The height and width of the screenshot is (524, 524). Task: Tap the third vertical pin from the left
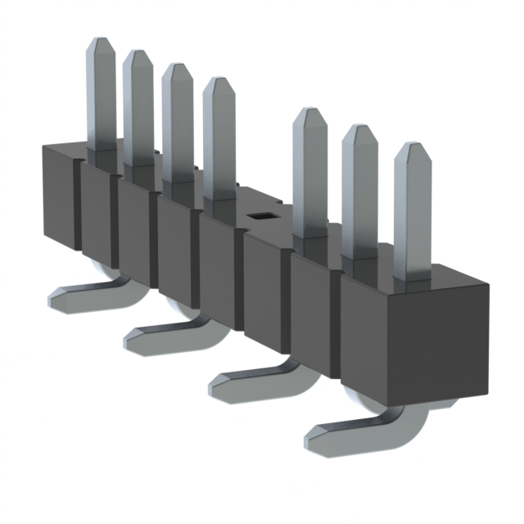pyautogui.click(x=177, y=123)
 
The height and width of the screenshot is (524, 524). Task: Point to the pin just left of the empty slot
pyautogui.click(x=219, y=139)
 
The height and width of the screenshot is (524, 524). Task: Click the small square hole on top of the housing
pyautogui.click(x=261, y=216)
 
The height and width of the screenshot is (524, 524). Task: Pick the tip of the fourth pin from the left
pyautogui.click(x=219, y=84)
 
